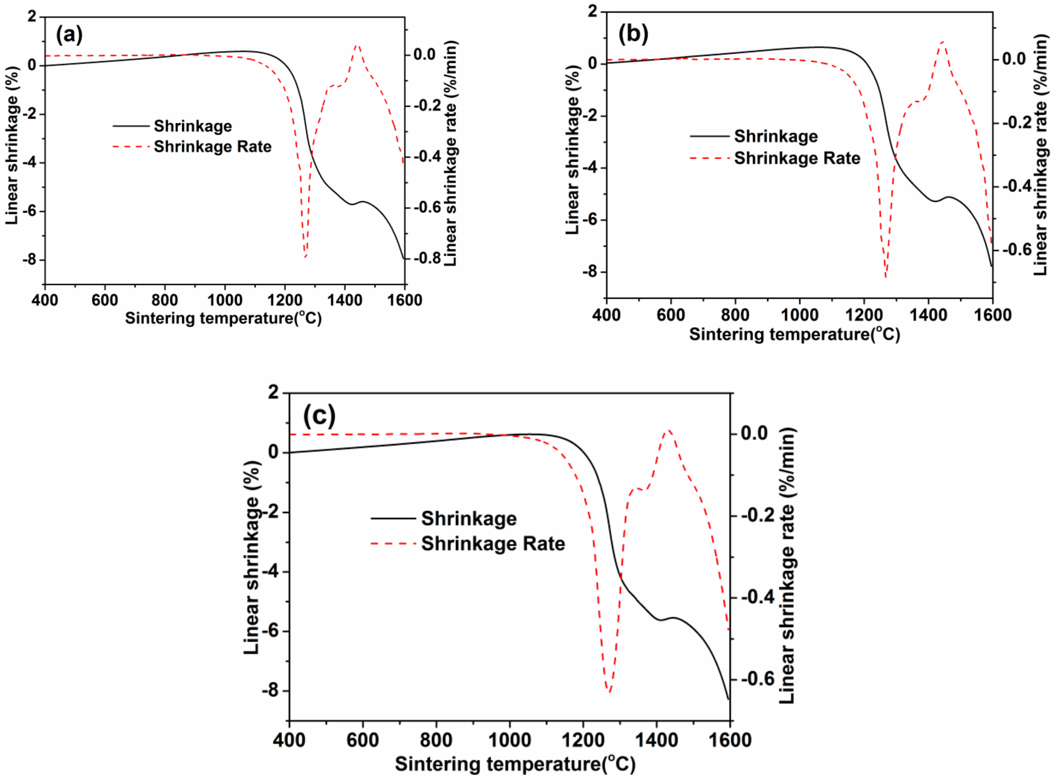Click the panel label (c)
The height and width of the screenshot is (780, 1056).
[x=319, y=415]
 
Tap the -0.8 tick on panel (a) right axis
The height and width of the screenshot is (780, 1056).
[x=427, y=258]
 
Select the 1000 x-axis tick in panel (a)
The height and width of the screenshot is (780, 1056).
[x=225, y=300]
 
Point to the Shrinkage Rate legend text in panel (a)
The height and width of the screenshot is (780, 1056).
[x=213, y=147]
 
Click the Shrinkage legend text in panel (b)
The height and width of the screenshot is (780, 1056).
[x=776, y=136]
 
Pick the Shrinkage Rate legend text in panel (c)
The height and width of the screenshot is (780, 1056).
[x=493, y=544]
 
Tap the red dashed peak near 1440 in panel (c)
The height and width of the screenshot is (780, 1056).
[x=668, y=430]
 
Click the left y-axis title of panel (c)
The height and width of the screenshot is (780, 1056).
[x=252, y=557]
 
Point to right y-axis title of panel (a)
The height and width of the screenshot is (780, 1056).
[x=451, y=153]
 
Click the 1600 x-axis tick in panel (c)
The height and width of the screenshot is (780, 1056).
[x=730, y=740]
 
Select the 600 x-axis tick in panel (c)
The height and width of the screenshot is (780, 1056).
[x=362, y=740]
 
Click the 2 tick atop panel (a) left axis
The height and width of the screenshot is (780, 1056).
[x=32, y=16]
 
